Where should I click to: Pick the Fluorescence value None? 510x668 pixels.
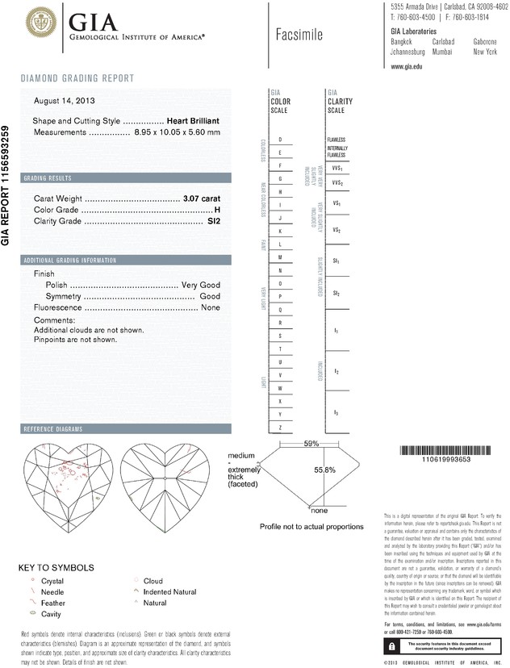211,307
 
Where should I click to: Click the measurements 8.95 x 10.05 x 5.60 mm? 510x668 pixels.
177,132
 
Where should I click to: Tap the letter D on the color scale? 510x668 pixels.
280,140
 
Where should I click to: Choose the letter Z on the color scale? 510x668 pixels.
280,426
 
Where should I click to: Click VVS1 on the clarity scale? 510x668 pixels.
337,169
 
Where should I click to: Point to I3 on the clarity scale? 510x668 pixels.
336,413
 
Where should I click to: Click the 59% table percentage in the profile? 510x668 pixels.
311,445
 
